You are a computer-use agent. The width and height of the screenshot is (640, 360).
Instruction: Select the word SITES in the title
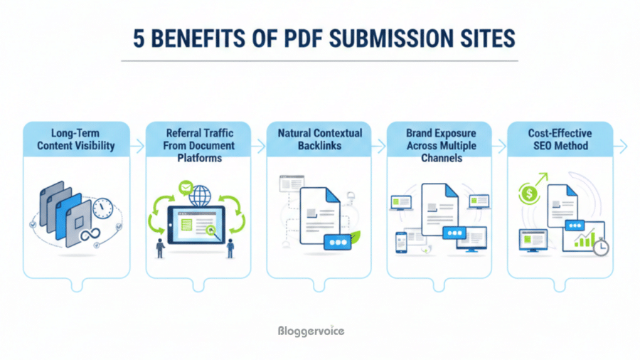[x=482, y=39]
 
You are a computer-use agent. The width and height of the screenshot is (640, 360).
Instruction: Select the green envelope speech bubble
[x=186, y=188]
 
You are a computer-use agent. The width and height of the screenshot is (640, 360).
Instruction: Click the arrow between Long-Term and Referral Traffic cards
[x=138, y=147]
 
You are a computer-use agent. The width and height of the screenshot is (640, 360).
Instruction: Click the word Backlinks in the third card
[x=320, y=146]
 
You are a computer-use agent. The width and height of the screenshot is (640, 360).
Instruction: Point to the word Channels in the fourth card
[x=440, y=158]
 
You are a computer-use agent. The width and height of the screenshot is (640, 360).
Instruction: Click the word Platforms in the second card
[x=199, y=158]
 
